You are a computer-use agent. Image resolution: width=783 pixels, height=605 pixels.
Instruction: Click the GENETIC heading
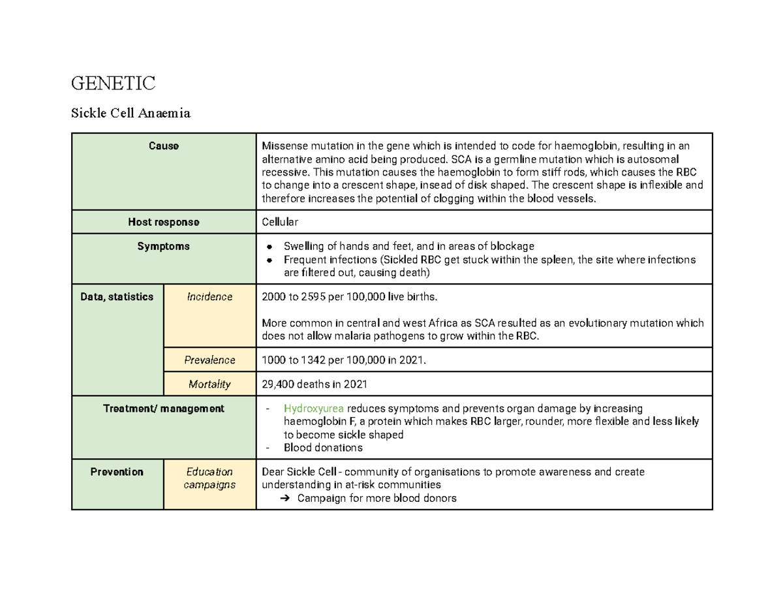coord(113,84)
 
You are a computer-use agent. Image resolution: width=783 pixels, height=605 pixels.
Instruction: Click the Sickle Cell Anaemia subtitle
coord(130,114)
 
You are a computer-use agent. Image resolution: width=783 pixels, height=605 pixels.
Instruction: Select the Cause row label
coord(163,146)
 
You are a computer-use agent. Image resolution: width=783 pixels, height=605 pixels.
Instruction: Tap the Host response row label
coord(163,222)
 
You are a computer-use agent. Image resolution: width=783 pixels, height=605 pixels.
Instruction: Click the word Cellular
coord(279,222)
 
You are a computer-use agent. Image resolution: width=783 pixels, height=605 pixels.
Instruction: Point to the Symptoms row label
coord(163,246)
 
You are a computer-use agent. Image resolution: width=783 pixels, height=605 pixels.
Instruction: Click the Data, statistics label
coord(117,296)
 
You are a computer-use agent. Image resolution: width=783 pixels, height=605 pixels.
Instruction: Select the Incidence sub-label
coord(209,296)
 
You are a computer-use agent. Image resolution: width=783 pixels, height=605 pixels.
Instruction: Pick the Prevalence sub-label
coord(209,360)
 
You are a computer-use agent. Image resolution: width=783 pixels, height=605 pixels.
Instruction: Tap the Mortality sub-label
coord(209,384)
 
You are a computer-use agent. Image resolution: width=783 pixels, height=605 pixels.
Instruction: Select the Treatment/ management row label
coord(163,409)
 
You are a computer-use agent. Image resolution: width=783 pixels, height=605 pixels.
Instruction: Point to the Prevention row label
coord(117,471)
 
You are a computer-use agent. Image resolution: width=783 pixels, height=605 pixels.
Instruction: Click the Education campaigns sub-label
coord(209,478)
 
